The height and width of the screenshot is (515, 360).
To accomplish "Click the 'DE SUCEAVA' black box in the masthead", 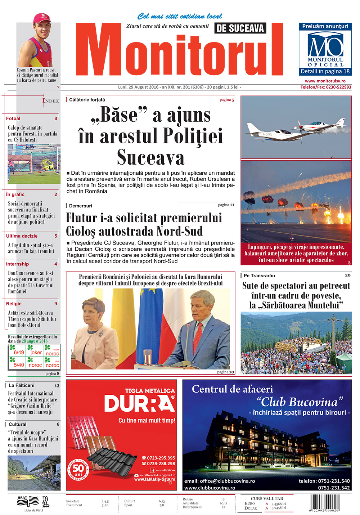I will coord(240,28).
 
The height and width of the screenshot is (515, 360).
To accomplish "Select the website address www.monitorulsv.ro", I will coord(325,81).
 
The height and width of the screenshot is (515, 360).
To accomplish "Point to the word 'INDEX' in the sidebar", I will coord(51,101).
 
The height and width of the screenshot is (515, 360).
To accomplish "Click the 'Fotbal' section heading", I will coord(13,118).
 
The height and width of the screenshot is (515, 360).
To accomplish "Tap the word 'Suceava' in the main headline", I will coord(150,157).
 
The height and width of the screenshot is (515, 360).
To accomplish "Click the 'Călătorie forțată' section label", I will coord(87,99).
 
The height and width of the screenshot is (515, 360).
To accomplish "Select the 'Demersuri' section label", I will coord(80,206).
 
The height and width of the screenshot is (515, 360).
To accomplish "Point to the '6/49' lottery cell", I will coord(19,352).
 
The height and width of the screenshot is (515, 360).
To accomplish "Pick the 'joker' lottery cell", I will coord(36,352).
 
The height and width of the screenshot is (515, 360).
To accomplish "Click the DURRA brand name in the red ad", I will coord(139,403).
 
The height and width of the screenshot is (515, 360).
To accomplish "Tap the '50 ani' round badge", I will coord(78,469).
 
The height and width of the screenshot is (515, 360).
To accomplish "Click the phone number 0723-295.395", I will coord(161,458).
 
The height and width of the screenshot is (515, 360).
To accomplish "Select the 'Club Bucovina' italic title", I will coord(300,402).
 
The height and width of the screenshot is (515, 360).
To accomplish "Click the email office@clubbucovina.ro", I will coord(220,481).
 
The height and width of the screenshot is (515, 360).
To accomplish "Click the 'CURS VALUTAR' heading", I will coord(267,498).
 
